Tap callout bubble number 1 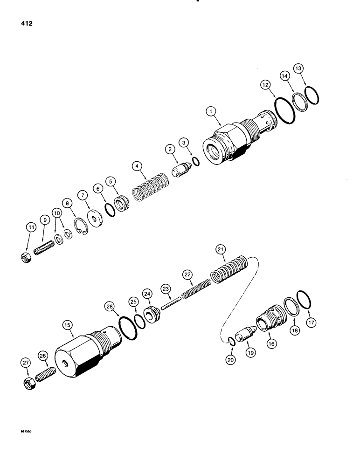[211, 111]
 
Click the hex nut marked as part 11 [26, 256]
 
